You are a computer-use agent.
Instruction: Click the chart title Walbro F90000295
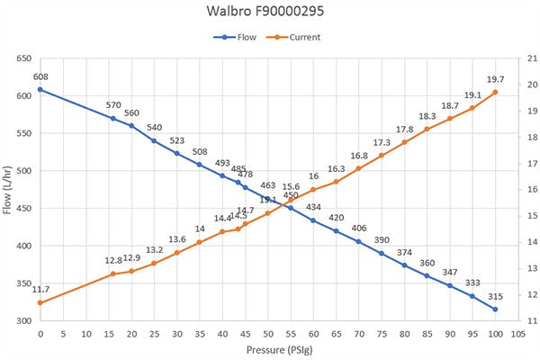click(x=270, y=14)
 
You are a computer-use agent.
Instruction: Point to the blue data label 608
click(x=40, y=77)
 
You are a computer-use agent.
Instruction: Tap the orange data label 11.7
click(x=40, y=289)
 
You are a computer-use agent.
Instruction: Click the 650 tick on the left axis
click(x=22, y=58)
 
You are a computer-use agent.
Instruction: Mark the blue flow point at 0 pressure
click(x=40, y=89)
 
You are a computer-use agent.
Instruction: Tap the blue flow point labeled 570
click(x=113, y=118)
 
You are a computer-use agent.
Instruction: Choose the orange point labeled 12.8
click(x=113, y=274)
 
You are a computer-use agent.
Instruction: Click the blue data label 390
click(x=382, y=240)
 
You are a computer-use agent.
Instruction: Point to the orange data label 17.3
click(x=382, y=142)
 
